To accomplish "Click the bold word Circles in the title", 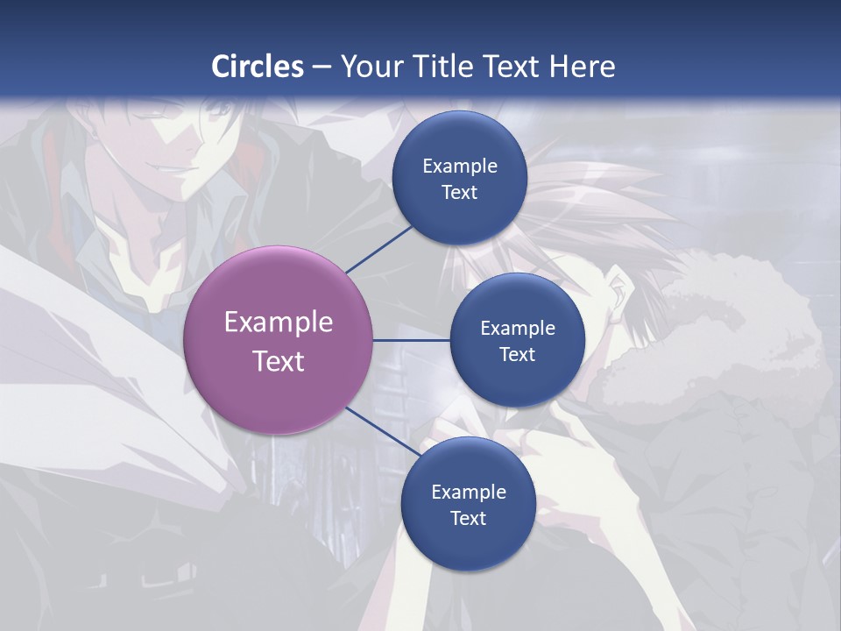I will point(258,67).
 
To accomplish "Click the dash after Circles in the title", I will point(321,67).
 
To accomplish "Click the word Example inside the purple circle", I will point(279,323).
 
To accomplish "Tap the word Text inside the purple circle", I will point(279,361).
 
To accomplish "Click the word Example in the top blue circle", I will point(460,167).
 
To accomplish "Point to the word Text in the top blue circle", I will point(460,192).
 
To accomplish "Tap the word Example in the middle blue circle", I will point(518,329).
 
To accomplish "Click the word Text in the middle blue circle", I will point(518,354).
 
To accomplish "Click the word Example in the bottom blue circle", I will point(469,493).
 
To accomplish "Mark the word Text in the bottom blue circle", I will point(469,518).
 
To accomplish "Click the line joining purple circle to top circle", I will point(379,250).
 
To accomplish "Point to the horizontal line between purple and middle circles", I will point(412,340).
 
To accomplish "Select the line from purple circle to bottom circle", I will point(382,431).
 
